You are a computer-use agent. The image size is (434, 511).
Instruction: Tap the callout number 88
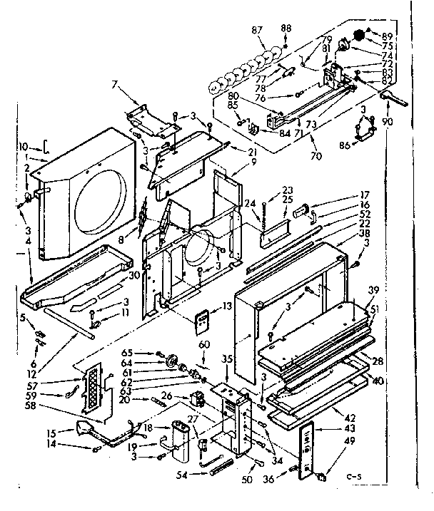(x=286, y=28)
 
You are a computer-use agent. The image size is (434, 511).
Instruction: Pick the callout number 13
(x=228, y=306)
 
